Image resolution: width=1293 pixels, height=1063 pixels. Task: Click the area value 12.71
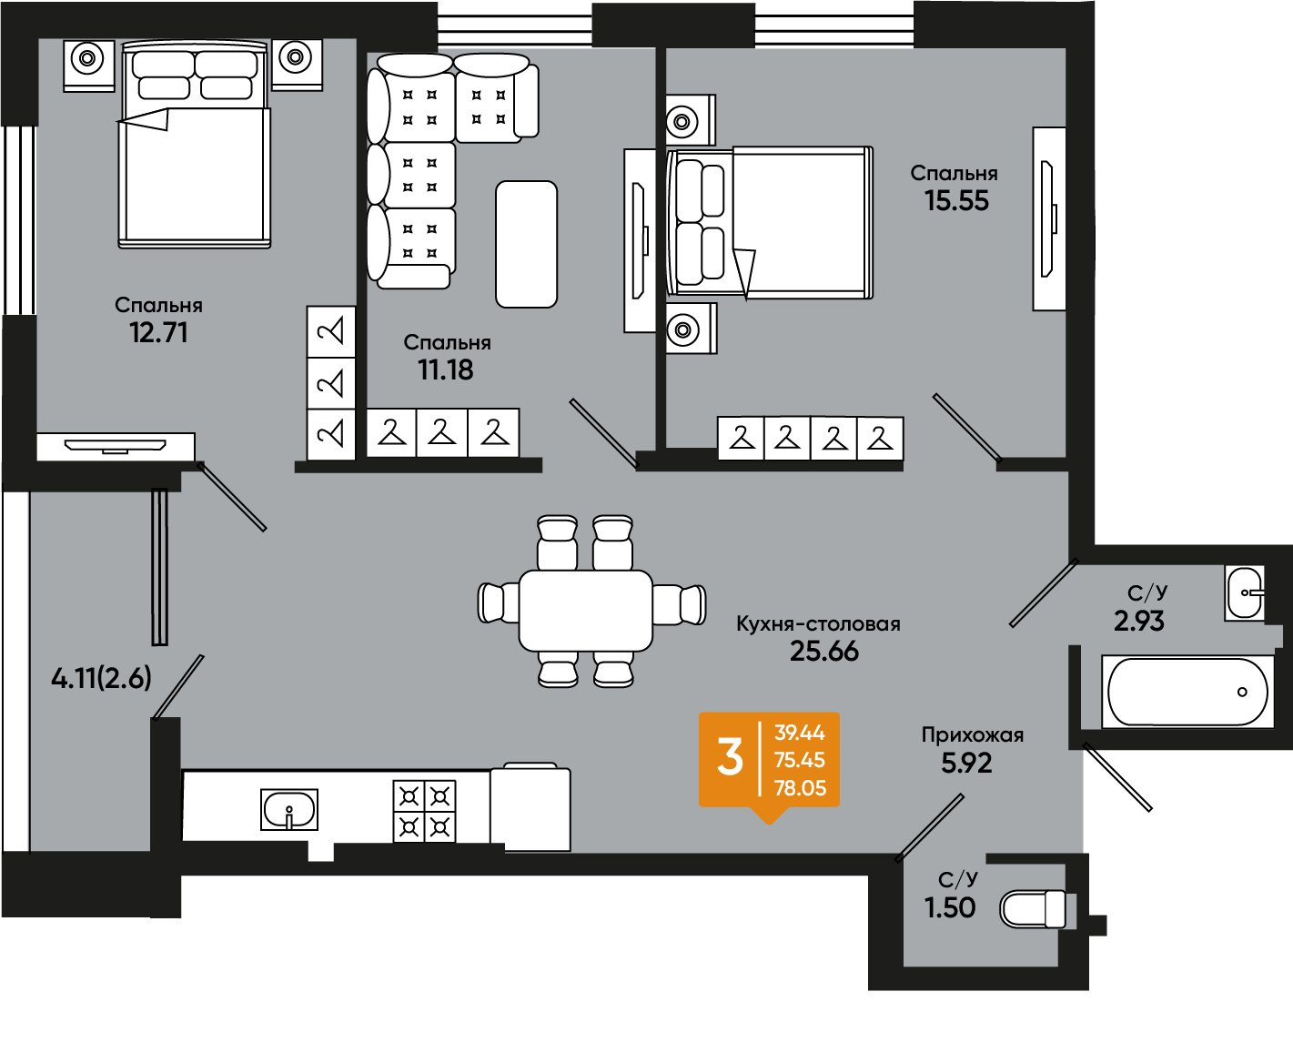click(x=158, y=332)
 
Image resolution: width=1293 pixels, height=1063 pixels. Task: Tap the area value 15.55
click(x=956, y=200)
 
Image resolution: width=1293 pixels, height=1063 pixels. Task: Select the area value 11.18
click(x=446, y=370)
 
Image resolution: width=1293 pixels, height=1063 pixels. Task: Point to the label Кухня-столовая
click(x=818, y=623)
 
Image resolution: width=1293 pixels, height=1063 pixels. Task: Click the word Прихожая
click(x=973, y=734)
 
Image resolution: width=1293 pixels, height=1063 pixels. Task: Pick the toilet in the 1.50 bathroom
click(x=1037, y=909)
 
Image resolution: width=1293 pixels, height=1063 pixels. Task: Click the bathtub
click(x=1187, y=692)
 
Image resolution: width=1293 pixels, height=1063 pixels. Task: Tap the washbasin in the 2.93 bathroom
click(x=1245, y=593)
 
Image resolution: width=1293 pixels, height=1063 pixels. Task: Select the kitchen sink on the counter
click(x=289, y=809)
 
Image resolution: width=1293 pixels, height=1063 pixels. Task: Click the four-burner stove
click(x=424, y=811)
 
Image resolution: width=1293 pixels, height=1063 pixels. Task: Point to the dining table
click(x=585, y=611)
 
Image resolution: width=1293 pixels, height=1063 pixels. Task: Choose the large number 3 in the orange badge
click(x=730, y=758)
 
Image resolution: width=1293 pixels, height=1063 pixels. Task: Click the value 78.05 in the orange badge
click(x=800, y=787)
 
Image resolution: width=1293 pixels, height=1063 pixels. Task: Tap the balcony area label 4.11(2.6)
click(x=101, y=679)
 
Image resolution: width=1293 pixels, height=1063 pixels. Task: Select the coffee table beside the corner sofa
click(x=526, y=244)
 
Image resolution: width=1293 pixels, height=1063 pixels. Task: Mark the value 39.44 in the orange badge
click(x=800, y=732)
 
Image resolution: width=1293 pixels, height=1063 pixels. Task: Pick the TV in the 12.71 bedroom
click(x=116, y=446)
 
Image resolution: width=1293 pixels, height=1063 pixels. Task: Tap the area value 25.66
click(x=824, y=652)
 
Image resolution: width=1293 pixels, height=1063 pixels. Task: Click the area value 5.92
click(x=966, y=763)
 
